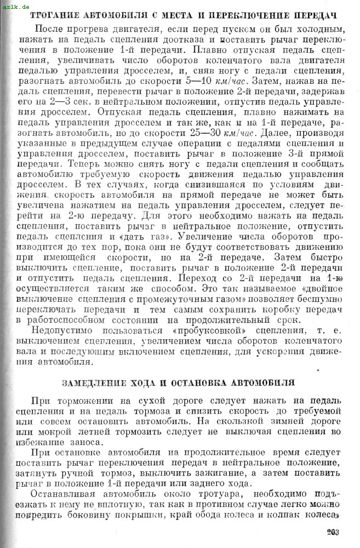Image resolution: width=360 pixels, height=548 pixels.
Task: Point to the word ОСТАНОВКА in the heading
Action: tap(201, 382)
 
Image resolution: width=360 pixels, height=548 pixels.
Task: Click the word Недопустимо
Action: tap(62, 330)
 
